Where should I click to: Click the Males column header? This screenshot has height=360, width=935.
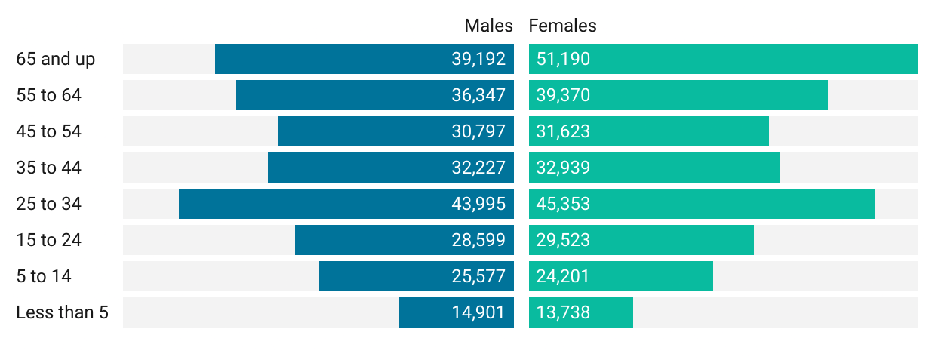pos(488,26)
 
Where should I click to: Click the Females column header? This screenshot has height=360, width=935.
pos(562,26)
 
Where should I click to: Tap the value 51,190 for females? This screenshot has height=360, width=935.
pos(563,59)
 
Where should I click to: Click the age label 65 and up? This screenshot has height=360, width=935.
pos(56,59)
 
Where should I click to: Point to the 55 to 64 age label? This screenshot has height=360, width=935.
pos(48,95)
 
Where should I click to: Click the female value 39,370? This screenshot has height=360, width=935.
pos(563,95)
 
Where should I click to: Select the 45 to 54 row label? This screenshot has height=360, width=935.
pos(48,131)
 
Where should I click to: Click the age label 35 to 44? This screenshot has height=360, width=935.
pos(48,168)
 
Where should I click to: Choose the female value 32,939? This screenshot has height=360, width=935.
pos(563,168)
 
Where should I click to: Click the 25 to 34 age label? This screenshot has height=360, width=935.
pos(48,204)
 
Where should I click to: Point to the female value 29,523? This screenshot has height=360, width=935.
pos(563,240)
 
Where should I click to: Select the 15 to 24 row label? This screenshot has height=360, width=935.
pos(48,240)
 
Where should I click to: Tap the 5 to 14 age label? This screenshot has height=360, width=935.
pos(44,276)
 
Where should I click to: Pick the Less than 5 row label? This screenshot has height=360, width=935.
pos(62,312)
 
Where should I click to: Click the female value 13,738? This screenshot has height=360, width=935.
pos(563,312)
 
